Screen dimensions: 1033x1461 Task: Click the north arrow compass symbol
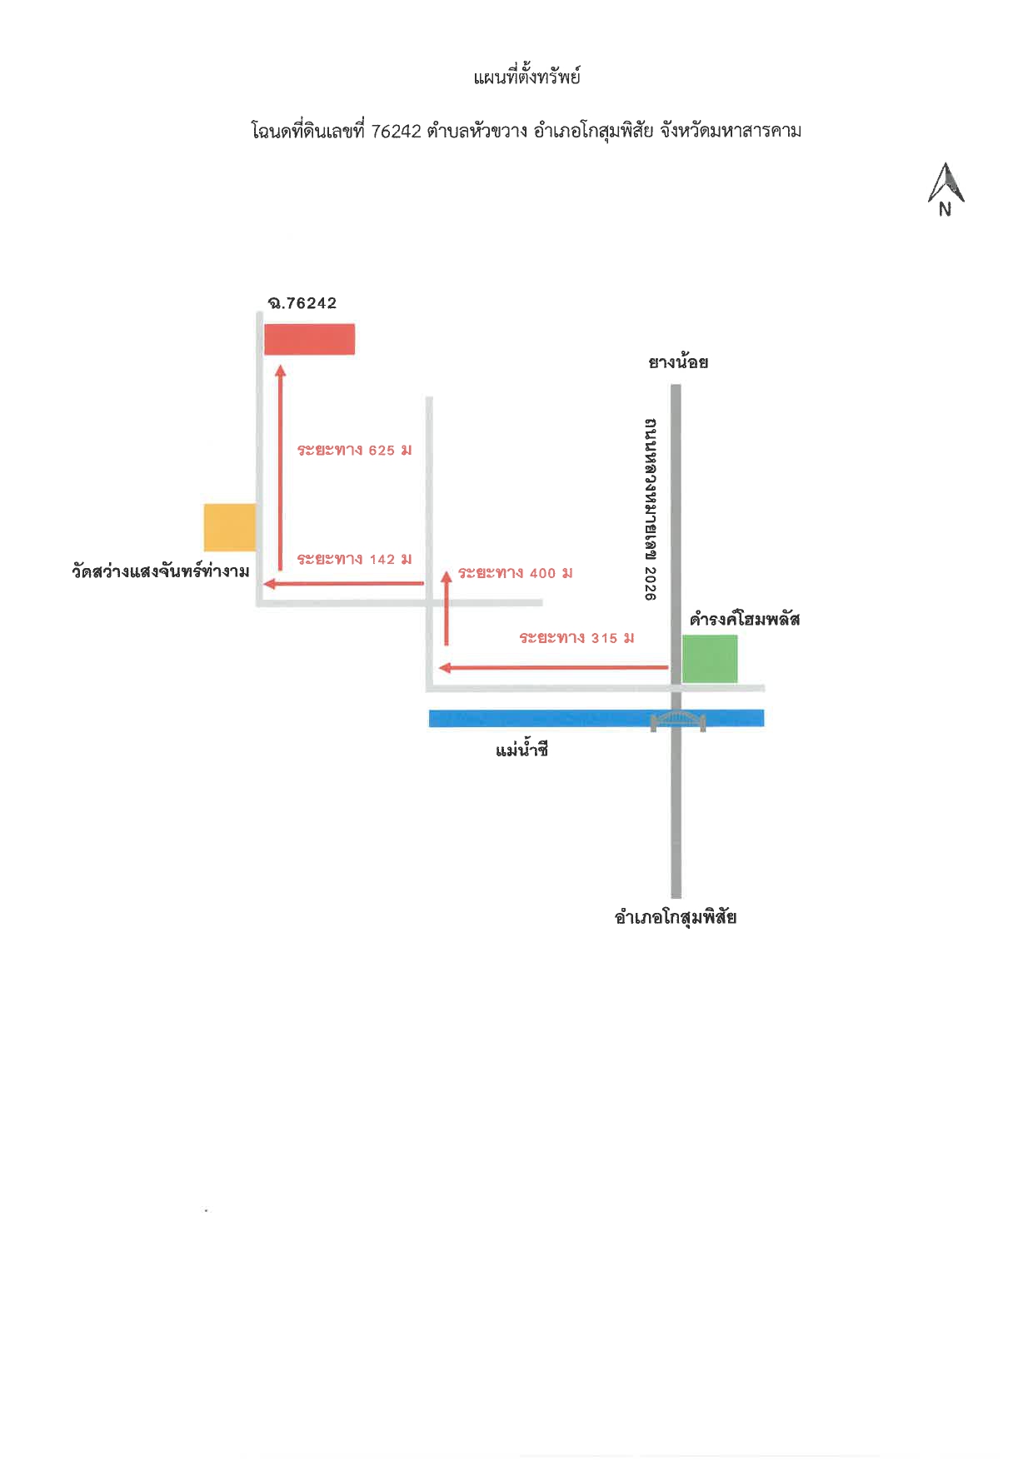[946, 190]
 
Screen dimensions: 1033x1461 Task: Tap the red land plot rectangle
[309, 339]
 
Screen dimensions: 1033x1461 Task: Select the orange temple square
[230, 527]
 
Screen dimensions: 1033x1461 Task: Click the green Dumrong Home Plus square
[710, 659]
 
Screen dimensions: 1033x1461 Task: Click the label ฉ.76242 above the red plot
[302, 303]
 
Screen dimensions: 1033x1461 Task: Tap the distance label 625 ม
[355, 450]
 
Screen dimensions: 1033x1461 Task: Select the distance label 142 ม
[355, 559]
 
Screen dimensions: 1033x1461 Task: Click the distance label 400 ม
[516, 573]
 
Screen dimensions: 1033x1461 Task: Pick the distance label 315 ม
[576, 638]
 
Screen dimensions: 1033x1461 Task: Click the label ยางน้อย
[678, 362]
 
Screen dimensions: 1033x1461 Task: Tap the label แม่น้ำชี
[521, 750]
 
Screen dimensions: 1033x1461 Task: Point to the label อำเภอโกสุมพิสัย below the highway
[676, 917]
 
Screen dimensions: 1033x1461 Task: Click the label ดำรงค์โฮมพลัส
[745, 619]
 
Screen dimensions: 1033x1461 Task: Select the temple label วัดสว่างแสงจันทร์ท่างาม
[161, 571]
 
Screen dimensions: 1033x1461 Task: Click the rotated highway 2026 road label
[651, 509]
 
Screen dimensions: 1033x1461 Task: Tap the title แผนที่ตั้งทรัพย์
[526, 77]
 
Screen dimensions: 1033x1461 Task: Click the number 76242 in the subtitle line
[397, 132]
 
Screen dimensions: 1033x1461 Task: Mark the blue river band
[596, 718]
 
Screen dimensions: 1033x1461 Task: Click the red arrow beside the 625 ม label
[280, 468]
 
